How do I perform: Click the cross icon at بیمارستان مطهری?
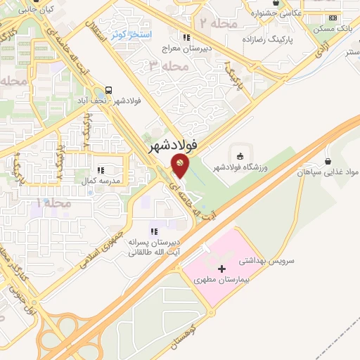pos(222,269)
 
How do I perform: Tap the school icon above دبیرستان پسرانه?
pos(153,232)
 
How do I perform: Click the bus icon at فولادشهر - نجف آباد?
pos(109,90)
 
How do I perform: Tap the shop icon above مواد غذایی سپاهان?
pos(328,162)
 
